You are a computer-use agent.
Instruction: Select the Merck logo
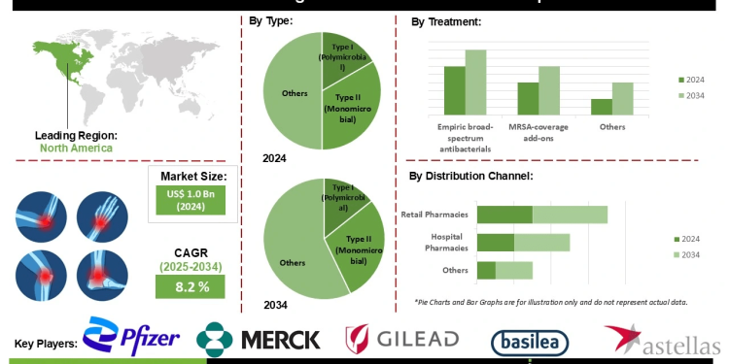[260, 339]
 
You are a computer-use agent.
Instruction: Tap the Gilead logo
[402, 339]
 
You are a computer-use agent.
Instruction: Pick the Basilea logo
[530, 341]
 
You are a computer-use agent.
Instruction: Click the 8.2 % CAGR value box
[190, 286]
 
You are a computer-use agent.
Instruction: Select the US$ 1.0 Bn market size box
[190, 200]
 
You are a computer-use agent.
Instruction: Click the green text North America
[76, 149]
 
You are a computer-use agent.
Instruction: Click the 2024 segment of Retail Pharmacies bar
[504, 215]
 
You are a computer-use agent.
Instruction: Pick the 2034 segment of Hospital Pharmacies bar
[541, 242]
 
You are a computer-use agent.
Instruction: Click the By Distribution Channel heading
[470, 176]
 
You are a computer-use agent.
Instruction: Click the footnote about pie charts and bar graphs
[551, 302]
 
